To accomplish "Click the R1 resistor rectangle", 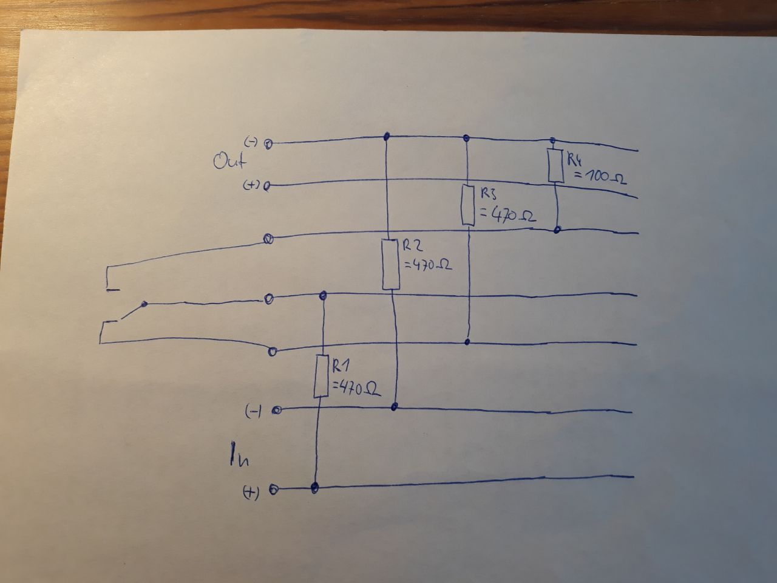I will (x=321, y=376).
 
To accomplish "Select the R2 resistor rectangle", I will (x=391, y=265).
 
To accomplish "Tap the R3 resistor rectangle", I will (x=467, y=205).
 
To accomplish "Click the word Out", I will (x=231, y=162).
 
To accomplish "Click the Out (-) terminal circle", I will (x=267, y=144).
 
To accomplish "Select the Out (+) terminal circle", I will (x=266, y=186).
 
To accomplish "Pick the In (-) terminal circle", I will (x=276, y=411).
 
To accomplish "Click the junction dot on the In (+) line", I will (x=314, y=487).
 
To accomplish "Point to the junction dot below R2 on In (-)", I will (x=395, y=406).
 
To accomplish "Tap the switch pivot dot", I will (x=144, y=304).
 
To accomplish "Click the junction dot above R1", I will (x=323, y=296).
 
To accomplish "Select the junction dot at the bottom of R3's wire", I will (x=467, y=342).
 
